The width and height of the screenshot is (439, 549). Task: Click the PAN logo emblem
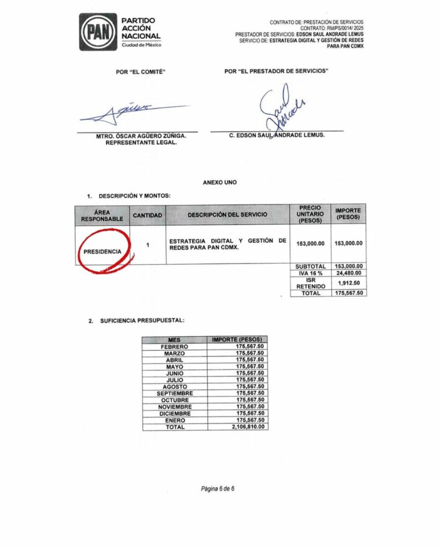[x=98, y=32]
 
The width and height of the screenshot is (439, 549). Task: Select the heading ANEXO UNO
[x=219, y=182]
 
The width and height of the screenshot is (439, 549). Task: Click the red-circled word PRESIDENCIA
[x=102, y=251]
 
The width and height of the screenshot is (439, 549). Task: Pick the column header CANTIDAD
[x=147, y=215]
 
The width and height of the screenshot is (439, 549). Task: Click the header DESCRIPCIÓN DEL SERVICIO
[x=227, y=215]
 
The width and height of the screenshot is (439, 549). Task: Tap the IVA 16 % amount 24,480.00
[x=348, y=273]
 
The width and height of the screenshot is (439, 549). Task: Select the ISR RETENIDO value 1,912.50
[x=348, y=283]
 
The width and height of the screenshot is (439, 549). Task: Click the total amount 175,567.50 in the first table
[x=348, y=293]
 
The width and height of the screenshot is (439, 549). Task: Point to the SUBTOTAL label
[x=310, y=266]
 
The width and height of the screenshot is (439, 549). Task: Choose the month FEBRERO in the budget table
[x=175, y=346]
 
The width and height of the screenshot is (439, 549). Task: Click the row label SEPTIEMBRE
[x=175, y=393]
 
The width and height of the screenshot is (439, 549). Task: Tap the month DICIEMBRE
[x=175, y=413]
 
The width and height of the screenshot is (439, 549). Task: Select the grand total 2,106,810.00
[x=248, y=427]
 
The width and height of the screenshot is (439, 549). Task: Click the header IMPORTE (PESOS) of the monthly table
[x=237, y=339]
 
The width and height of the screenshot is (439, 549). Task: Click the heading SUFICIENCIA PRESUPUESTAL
[x=142, y=321]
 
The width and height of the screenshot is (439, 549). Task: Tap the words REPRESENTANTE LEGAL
[x=137, y=143]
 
